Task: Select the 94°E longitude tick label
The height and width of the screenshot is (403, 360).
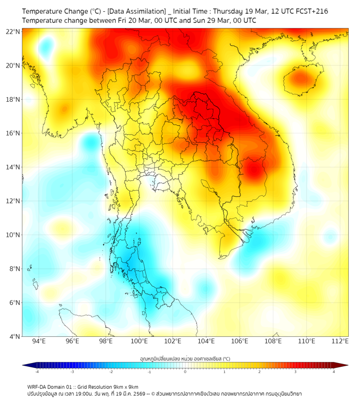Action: click(39, 341)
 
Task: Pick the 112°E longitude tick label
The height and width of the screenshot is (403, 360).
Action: click(340, 341)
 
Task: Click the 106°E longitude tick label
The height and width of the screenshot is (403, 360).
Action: click(240, 341)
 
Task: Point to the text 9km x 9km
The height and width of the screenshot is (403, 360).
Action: click(125, 386)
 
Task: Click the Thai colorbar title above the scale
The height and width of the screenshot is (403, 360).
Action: click(185, 359)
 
